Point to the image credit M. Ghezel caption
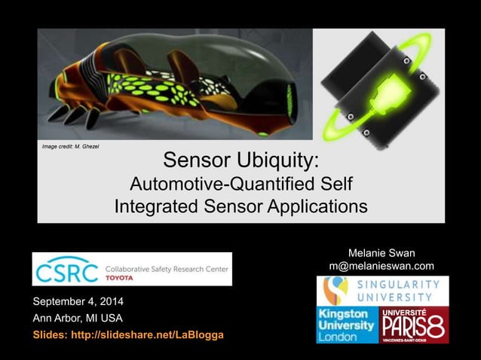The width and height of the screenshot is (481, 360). tap(69, 145)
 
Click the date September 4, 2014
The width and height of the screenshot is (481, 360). tap(78, 303)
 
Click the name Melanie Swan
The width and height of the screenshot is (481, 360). tap(381, 252)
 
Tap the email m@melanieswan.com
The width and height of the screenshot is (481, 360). tap(381, 266)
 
